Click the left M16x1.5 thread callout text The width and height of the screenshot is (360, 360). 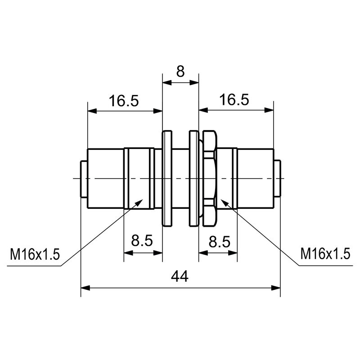click(x=35, y=255)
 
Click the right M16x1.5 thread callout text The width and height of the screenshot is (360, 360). click(x=325, y=255)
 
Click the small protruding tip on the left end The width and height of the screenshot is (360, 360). click(x=84, y=179)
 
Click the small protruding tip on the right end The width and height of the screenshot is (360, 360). click(x=277, y=179)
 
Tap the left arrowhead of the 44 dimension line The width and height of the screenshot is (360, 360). click(x=84, y=287)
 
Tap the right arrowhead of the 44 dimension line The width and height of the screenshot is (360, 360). click(x=277, y=287)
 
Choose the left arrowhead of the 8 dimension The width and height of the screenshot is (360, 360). click(x=165, y=82)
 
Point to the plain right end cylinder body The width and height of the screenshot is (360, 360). click(x=255, y=179)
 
